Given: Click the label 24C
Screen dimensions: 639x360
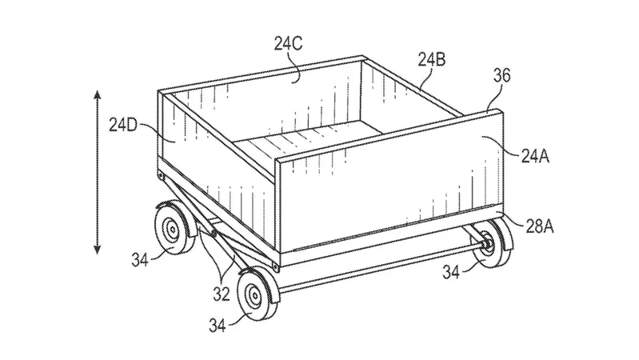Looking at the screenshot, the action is tap(288, 44).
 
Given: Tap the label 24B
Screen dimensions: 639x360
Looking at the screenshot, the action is tap(432, 60).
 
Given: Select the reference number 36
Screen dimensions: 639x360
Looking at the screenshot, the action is tap(501, 76).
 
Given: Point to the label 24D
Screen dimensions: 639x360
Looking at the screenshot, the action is tap(123, 125).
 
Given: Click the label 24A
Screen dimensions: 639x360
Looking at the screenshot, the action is tap(535, 156).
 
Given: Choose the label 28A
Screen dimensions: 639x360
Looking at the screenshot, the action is tap(539, 226).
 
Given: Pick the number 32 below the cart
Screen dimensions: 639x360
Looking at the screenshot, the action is tap(222, 294).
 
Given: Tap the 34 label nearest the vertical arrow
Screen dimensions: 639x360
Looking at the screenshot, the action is tap(140, 259).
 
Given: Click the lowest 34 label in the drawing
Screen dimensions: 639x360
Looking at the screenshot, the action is tap(218, 326).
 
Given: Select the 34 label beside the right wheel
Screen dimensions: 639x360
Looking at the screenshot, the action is tap(451, 272).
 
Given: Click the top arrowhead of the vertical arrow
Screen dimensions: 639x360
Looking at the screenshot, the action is tap(97, 95).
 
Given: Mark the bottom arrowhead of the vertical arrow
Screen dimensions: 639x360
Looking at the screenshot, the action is tap(97, 249).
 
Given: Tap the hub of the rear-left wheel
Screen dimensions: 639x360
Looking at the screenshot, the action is tap(173, 230).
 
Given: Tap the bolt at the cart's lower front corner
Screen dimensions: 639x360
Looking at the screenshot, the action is tap(275, 267).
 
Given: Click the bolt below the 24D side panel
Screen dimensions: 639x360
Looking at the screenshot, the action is tap(162, 177).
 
